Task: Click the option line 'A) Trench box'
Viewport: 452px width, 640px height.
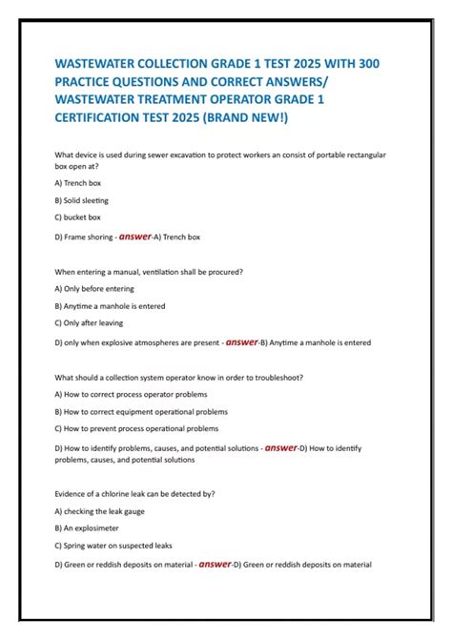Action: click(x=78, y=182)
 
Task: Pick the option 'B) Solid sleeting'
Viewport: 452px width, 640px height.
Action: click(x=82, y=200)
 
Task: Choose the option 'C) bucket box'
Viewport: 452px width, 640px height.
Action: click(x=78, y=217)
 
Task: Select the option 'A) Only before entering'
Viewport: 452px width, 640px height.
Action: click(x=95, y=288)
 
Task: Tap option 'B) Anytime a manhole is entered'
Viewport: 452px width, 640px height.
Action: click(x=111, y=306)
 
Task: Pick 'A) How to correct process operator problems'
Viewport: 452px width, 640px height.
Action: click(x=132, y=394)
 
